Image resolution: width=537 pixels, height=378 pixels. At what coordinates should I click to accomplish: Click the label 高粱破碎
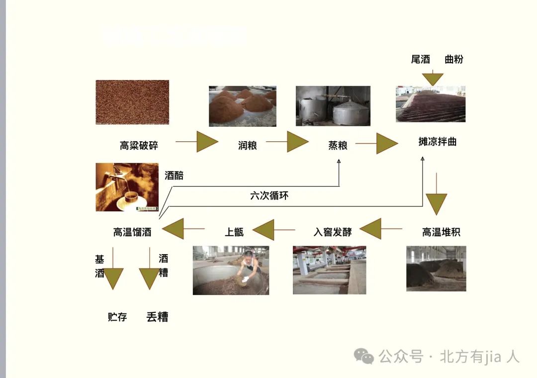point(139,146)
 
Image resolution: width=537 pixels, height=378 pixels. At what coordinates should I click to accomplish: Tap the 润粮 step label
point(247,146)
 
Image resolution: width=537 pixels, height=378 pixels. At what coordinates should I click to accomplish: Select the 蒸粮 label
point(338,146)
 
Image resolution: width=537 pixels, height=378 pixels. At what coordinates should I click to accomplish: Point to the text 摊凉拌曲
point(438,142)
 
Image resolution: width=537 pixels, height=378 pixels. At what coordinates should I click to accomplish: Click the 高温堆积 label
point(441,232)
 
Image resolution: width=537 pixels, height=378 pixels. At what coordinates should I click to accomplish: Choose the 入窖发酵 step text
point(333,232)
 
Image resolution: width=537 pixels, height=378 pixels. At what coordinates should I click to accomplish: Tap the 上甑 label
point(234,232)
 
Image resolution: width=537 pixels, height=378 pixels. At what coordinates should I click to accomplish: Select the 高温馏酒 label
point(132,232)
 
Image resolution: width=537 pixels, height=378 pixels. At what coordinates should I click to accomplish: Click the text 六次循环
point(269,196)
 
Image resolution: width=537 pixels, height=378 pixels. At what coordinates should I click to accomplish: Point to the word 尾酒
point(420,60)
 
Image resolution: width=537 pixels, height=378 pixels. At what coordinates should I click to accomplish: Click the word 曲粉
point(453,60)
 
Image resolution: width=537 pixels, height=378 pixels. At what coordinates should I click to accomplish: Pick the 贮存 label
point(117,317)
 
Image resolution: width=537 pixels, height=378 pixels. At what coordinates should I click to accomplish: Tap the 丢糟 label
point(157,317)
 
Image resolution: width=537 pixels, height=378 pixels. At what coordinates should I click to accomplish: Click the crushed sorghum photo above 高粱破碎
point(132,102)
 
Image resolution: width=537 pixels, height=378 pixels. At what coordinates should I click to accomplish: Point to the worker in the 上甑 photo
point(248,266)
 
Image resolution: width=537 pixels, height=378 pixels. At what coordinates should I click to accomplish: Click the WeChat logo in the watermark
point(364,356)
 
